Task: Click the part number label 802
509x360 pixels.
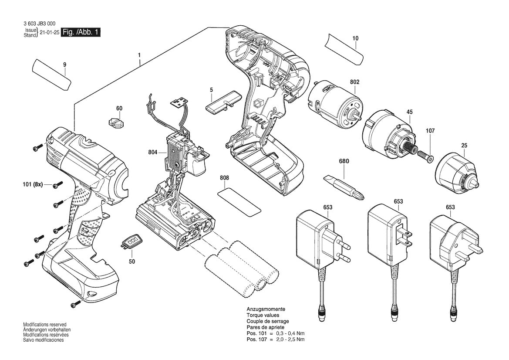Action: click(x=354, y=81)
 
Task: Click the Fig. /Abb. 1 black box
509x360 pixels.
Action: click(x=81, y=32)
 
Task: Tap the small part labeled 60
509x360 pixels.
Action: click(x=116, y=122)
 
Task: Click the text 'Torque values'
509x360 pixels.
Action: click(x=263, y=315)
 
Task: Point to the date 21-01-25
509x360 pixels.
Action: click(x=49, y=33)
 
